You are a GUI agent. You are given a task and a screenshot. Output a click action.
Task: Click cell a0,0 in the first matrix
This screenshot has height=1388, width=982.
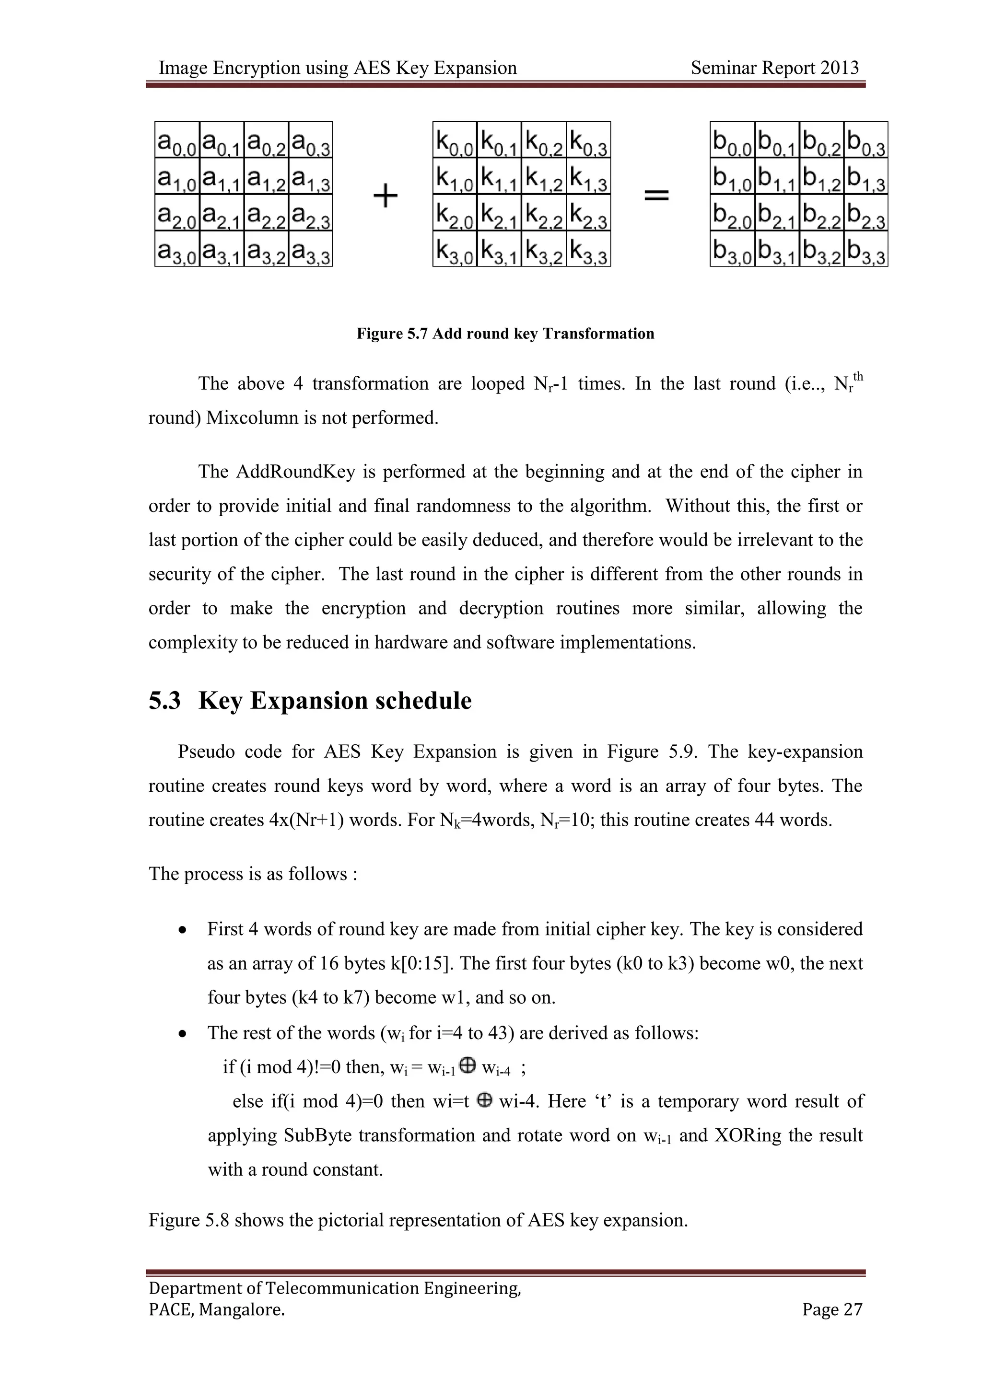177,140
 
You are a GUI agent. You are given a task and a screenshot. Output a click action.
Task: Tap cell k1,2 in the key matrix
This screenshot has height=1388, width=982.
544,176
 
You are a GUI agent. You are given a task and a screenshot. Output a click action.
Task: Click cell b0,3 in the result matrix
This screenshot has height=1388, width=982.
866,140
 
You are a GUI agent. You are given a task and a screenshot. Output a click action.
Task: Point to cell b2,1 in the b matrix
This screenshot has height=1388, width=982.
777,212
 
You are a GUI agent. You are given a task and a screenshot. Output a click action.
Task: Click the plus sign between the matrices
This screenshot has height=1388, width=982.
385,196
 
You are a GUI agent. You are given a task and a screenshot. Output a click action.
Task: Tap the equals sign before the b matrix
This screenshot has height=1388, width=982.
656,195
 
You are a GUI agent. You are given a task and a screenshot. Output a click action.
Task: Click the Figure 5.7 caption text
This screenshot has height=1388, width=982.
505,334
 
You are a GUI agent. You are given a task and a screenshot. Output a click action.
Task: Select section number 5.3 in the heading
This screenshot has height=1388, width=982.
164,701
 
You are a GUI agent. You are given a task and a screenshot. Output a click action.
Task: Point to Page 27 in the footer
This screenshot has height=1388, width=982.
832,1309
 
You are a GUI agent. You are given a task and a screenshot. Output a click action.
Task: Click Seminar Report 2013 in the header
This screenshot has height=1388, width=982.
774,68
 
